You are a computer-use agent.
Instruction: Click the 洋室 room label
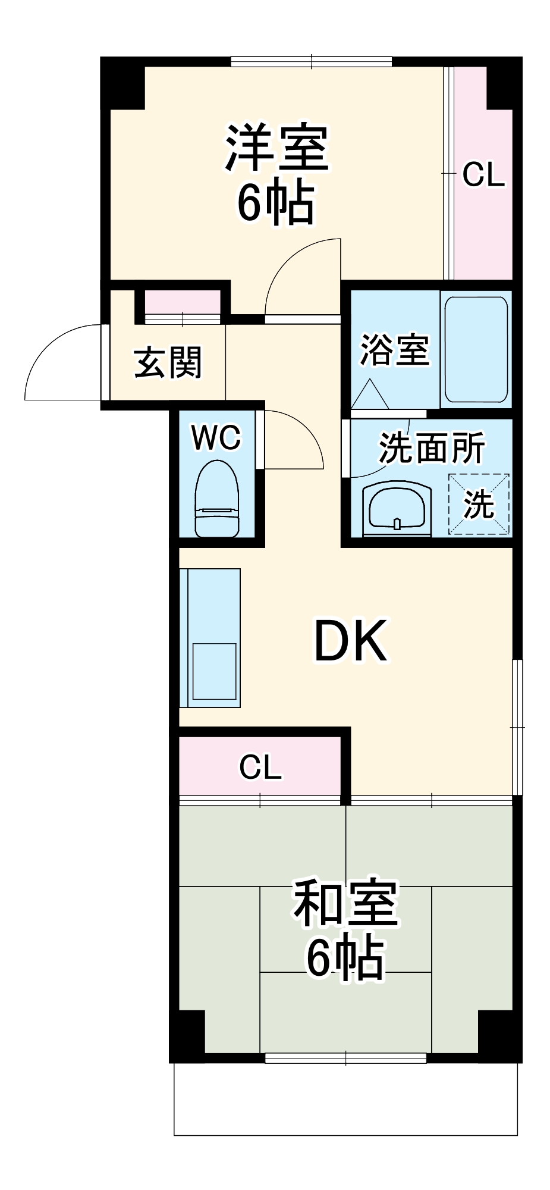click(276, 148)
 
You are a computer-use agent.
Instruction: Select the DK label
click(350, 641)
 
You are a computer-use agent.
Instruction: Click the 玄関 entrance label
click(168, 363)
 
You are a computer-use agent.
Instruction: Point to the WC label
click(216, 439)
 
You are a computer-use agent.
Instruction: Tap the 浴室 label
click(394, 349)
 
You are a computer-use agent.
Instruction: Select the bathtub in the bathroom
click(476, 350)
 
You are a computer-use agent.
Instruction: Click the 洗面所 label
click(432, 447)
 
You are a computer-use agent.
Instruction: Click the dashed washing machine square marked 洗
click(479, 504)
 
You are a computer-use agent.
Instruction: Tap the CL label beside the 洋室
click(483, 175)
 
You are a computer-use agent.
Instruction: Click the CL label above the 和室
click(260, 767)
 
